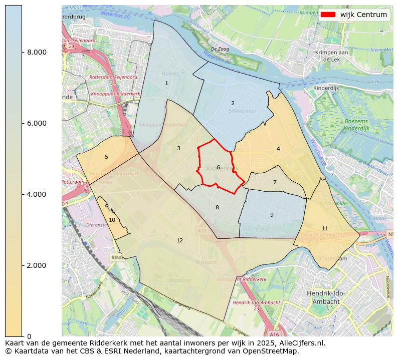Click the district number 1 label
(166, 84)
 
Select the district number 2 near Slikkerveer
(233, 104)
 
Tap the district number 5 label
(106, 157)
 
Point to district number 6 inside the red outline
(218, 168)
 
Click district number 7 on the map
(275, 183)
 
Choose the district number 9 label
(272, 215)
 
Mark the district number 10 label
(112, 220)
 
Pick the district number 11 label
(325, 229)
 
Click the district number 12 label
(179, 241)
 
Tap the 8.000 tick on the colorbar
(37, 52)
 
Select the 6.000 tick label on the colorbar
(37, 123)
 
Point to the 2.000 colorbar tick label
(37, 265)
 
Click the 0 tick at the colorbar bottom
(29, 336)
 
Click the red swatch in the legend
(328, 15)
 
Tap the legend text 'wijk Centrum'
(363, 15)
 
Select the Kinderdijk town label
(327, 88)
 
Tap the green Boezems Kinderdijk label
(357, 125)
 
